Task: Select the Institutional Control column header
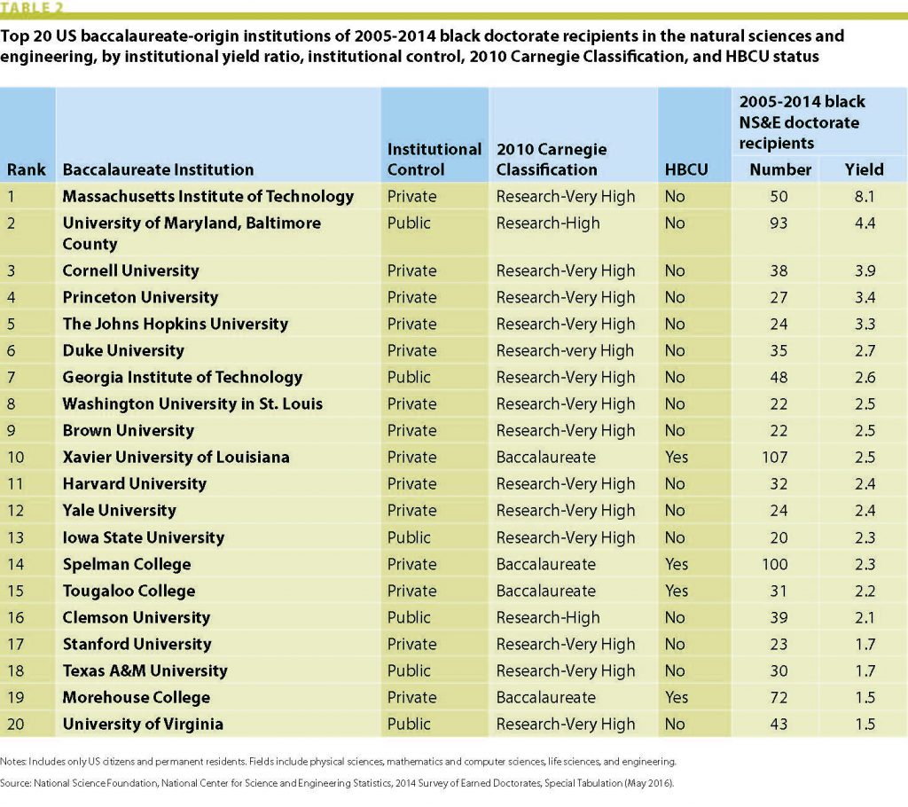434,159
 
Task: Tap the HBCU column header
686,169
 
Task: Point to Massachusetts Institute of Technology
207,196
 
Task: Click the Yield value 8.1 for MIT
863,196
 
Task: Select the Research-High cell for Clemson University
548,617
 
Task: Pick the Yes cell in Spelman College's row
676,564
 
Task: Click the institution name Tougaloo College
129,591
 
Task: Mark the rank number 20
16,724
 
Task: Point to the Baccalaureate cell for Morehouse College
546,697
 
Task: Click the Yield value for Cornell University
863,270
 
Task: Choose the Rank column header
27,169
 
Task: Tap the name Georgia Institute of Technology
182,377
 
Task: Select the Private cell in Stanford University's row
412,644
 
